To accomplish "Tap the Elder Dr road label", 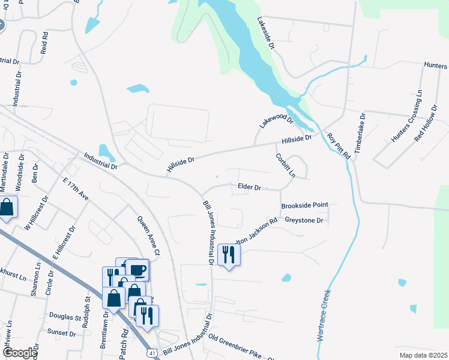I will (x=249, y=188).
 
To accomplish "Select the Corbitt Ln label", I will (x=286, y=165).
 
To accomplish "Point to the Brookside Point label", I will (x=305, y=205).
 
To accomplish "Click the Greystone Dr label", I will (x=304, y=221).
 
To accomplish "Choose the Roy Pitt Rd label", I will (x=339, y=145).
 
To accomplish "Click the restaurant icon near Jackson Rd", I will (x=229, y=255).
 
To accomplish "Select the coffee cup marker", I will (x=137, y=269).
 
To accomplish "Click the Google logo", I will (x=19, y=353).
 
